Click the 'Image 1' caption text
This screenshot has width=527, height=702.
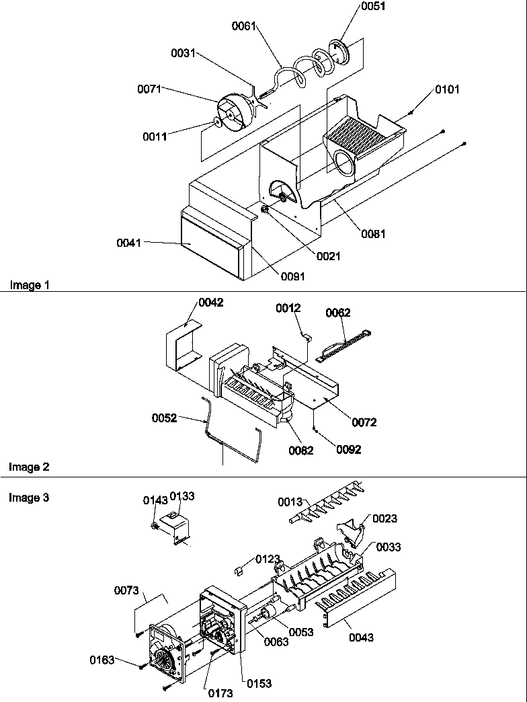(x=29, y=285)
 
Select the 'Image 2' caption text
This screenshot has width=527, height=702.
(x=29, y=467)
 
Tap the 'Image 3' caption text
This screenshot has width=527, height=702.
(x=29, y=498)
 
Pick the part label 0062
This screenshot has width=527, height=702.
(x=338, y=313)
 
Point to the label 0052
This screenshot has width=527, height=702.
(x=165, y=418)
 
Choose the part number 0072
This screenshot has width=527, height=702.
(x=364, y=422)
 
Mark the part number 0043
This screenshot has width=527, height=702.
(x=362, y=637)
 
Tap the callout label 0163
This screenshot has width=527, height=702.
(x=103, y=660)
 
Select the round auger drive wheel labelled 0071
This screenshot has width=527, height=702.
(x=231, y=115)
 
